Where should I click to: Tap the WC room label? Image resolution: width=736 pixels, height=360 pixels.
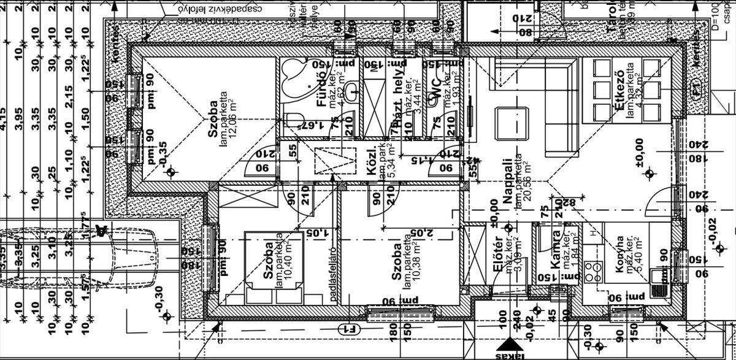[434, 92]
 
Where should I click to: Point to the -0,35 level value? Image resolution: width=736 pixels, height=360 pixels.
[163, 153]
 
